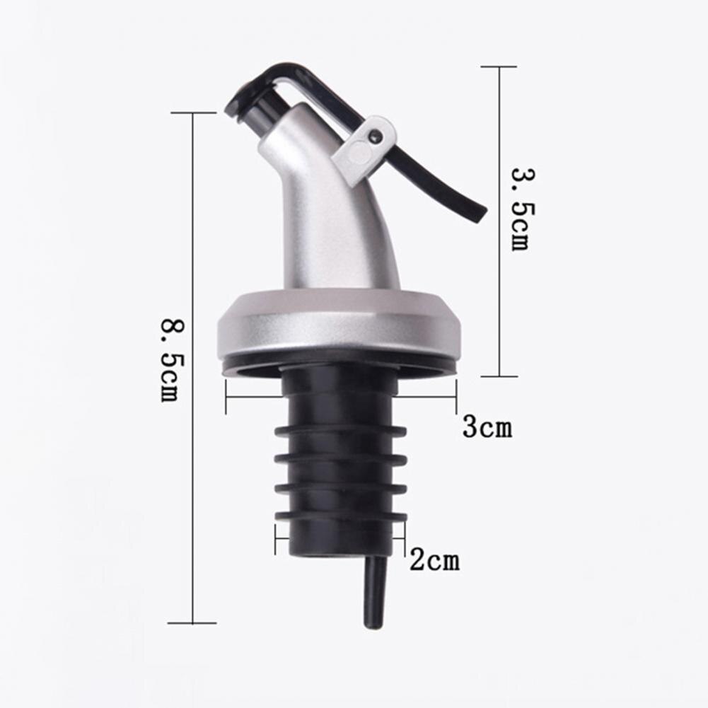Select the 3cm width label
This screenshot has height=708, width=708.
click(487, 427)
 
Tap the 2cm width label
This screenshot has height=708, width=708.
click(434, 561)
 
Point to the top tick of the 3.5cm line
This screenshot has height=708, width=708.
click(499, 66)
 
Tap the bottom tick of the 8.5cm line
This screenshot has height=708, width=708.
click(192, 623)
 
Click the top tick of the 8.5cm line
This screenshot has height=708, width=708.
click(192, 112)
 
